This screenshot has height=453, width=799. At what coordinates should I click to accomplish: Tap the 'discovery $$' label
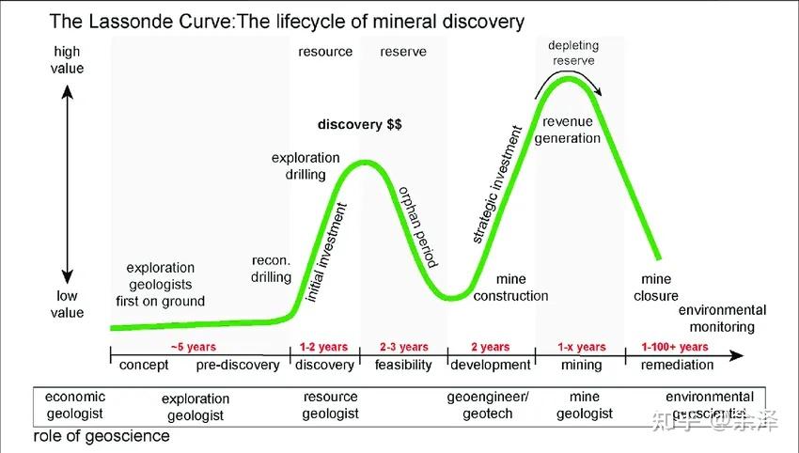click(360, 124)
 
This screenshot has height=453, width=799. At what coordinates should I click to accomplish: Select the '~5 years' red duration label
click(194, 348)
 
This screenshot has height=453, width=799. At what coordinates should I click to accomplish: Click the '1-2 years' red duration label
click(323, 348)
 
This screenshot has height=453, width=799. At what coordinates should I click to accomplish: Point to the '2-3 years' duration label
click(403, 348)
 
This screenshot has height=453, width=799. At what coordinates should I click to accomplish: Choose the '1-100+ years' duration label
click(674, 348)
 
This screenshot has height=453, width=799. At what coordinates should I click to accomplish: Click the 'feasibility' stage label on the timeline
click(403, 365)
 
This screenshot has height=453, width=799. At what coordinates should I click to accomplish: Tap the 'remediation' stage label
click(674, 365)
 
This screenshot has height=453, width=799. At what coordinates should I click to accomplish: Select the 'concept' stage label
click(145, 365)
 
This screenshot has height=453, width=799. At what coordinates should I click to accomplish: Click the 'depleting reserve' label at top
click(573, 53)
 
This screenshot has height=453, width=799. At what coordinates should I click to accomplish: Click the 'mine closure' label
click(656, 288)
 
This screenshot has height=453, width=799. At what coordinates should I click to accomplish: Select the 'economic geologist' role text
click(75, 405)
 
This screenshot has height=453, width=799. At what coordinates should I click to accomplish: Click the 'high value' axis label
click(68, 60)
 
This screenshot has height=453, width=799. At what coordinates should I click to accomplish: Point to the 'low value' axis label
click(68, 305)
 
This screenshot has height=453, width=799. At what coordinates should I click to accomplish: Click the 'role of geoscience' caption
click(102, 436)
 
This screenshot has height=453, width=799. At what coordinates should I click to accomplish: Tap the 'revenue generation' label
click(572, 130)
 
